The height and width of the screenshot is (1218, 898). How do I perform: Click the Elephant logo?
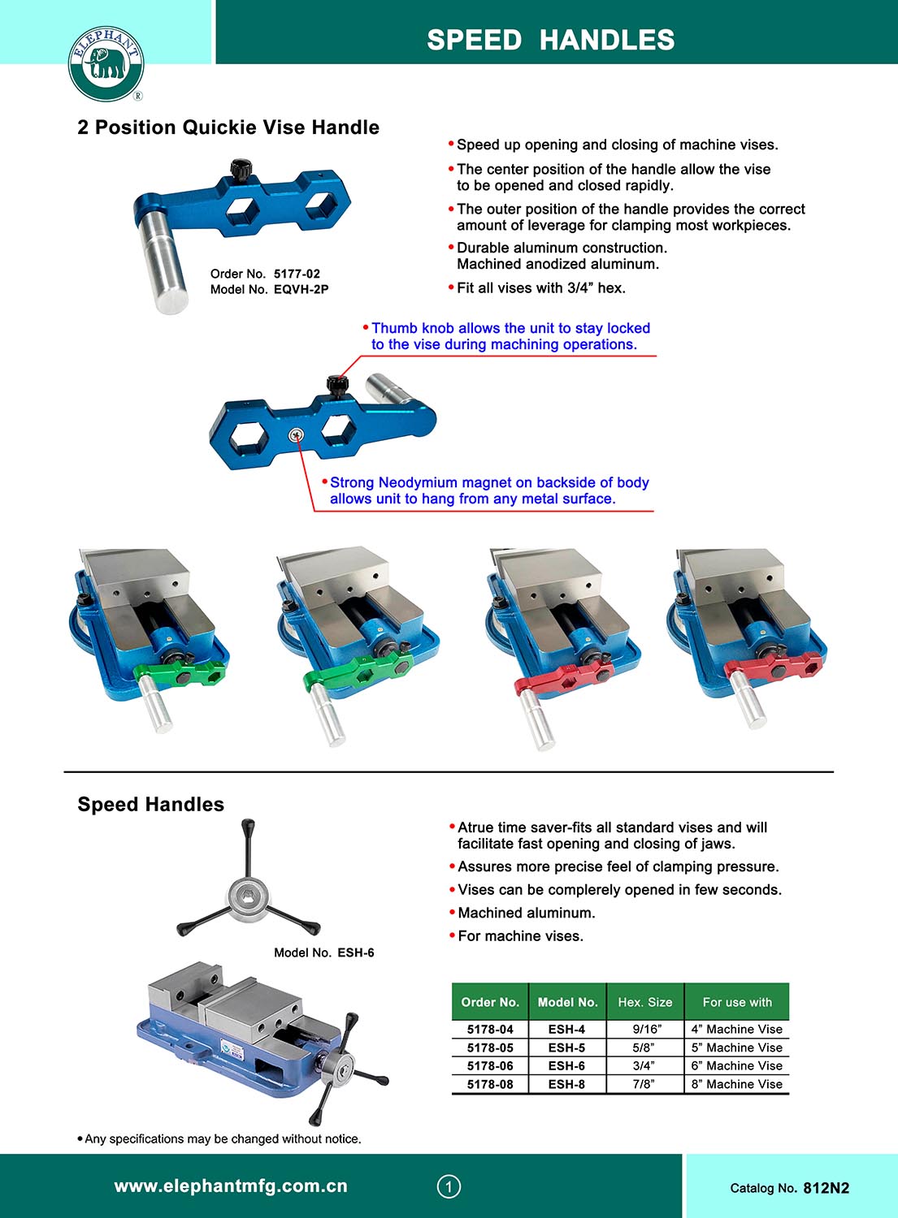pos(106,63)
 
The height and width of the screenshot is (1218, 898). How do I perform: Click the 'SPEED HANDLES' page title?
pos(550,40)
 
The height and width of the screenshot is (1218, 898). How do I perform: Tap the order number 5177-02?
pos(297,274)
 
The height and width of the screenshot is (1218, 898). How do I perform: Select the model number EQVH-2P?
pos(301,289)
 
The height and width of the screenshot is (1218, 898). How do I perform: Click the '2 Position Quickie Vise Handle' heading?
pos(228,127)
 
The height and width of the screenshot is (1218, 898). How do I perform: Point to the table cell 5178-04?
pos(490,1029)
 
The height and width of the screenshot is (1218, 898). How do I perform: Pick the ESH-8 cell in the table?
pos(566,1084)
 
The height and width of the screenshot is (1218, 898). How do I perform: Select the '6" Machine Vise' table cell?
pos(736,1065)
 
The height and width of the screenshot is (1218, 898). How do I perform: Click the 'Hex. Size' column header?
pos(645,1002)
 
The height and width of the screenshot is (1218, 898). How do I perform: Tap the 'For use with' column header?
pos(737,1002)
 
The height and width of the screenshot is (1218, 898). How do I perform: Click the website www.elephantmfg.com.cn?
pos(231,1186)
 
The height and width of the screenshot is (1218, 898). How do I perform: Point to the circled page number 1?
pos(449,1186)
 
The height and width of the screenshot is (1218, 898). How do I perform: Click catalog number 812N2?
pos(826,1188)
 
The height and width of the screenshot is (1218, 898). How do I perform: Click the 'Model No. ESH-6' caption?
pos(324,952)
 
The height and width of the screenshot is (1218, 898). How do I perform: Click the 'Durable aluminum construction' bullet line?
pos(562,248)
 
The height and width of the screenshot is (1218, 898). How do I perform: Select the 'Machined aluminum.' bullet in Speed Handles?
pos(526,913)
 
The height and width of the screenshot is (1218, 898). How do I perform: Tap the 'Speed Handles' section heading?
pos(151,804)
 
